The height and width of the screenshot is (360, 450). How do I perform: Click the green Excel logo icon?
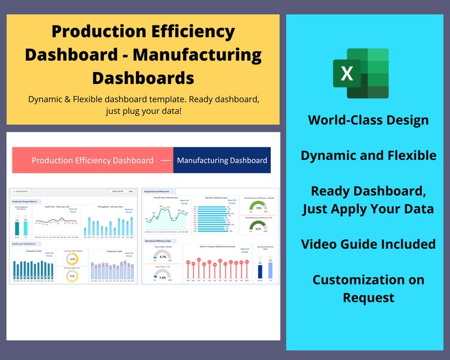coord(360,74)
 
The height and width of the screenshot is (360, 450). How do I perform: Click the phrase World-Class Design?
coord(368,120)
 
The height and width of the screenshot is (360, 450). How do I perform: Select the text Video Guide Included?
coord(368,244)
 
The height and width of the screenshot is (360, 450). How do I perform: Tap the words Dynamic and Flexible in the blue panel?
coord(368,155)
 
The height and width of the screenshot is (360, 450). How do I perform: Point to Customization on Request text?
coord(368,288)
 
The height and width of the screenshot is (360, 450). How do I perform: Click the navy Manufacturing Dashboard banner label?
coord(222,160)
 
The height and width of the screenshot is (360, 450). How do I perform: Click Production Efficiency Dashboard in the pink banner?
coord(92,160)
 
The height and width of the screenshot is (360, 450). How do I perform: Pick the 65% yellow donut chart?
coord(73,258)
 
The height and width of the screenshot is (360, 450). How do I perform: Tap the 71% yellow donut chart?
coord(73,277)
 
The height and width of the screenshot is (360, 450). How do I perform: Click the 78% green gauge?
coord(258,207)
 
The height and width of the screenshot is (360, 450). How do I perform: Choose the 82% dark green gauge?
coord(258,228)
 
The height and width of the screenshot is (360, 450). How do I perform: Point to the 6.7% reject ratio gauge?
coord(162,256)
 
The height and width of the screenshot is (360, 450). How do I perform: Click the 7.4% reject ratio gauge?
coord(162,277)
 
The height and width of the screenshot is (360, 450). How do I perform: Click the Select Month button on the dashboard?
coord(117,192)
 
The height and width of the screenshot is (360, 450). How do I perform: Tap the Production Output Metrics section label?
coord(26,201)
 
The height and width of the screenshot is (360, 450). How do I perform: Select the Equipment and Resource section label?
coord(158,192)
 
